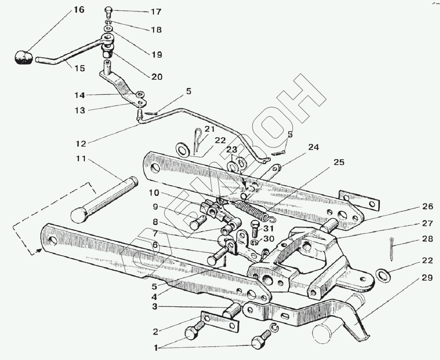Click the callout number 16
pyautogui.click(x=78, y=10)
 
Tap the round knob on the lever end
pyautogui.click(x=24, y=57)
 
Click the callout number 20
pyautogui.click(x=157, y=77)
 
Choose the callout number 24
pyautogui.click(x=314, y=147)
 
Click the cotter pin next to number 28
pyautogui.click(x=392, y=248)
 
